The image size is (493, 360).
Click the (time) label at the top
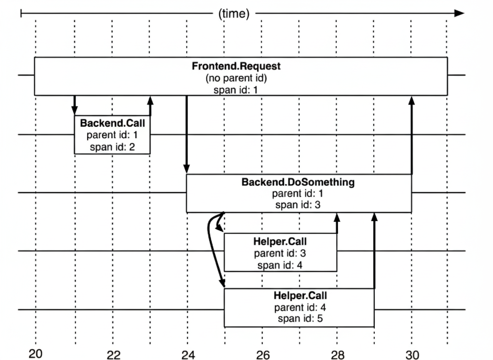click(234, 14)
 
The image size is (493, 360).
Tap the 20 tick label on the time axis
click(35, 354)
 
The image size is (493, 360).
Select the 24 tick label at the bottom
click(188, 355)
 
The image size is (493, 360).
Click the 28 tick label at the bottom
click(338, 355)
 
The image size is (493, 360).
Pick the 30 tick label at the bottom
click(412, 355)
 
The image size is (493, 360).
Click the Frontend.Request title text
click(236, 66)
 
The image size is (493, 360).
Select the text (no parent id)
click(236, 78)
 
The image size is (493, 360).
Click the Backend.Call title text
click(112, 123)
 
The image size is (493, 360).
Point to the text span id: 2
click(112, 147)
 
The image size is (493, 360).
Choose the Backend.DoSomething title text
click(298, 182)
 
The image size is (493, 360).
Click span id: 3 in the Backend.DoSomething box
click(298, 205)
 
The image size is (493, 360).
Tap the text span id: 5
click(300, 319)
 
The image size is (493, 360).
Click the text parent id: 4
click(300, 307)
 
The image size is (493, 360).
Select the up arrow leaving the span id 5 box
click(374, 250)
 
